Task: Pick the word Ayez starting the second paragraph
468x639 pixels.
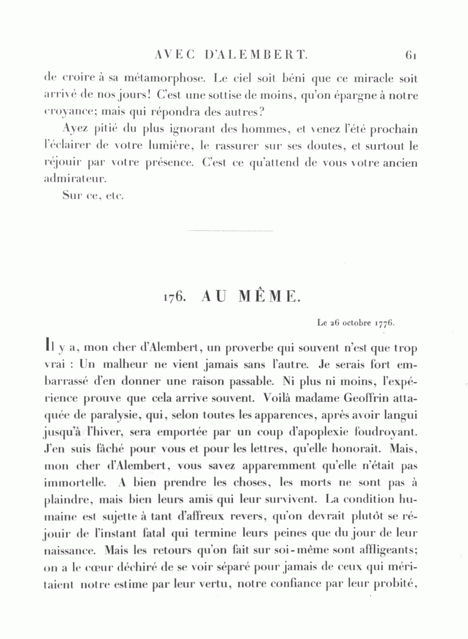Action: [74, 129]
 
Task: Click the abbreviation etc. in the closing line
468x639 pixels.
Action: [115, 197]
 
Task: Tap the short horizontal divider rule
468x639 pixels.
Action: [230, 230]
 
